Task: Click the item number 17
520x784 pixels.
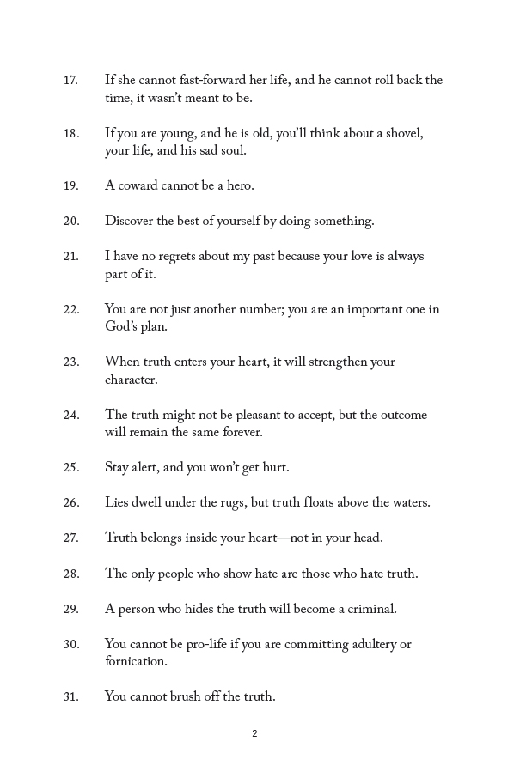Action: [x=70, y=81]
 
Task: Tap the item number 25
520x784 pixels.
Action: [x=70, y=468]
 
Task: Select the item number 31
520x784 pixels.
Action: [x=70, y=697]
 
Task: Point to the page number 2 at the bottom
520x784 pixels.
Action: [x=255, y=733]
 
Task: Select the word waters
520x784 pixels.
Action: [x=407, y=503]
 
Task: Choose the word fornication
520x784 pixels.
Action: [x=136, y=662]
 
